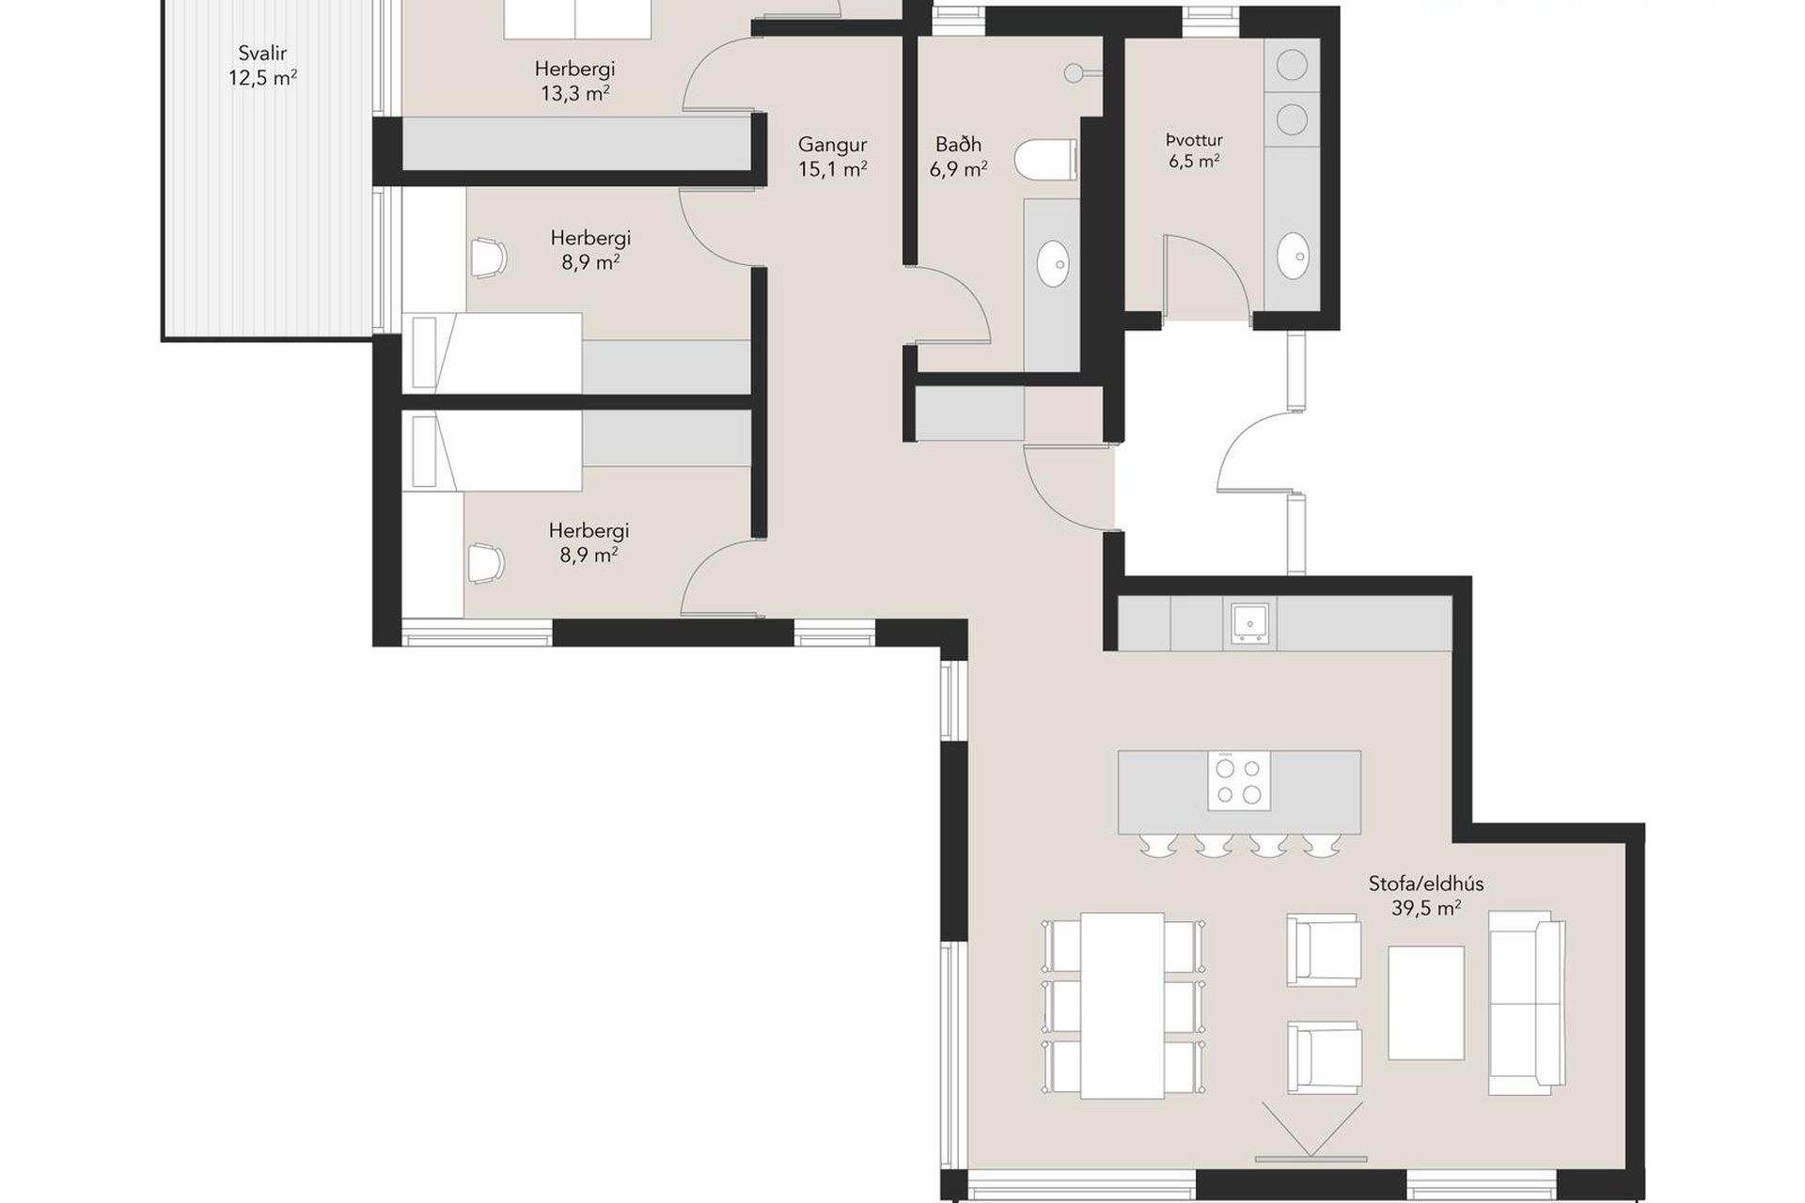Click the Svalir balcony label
tap(262, 54)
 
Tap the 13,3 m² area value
tap(574, 93)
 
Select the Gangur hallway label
tap(832, 145)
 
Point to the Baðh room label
tap(958, 145)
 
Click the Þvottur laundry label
tap(1194, 140)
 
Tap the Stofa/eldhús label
tap(1426, 883)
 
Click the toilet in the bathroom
tap(1046, 158)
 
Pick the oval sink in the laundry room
tap(1294, 256)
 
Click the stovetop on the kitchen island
tap(1239, 781)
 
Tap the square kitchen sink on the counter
tap(1251, 623)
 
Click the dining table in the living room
tap(1122, 1005)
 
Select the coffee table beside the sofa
tap(1426, 1003)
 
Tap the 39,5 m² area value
tap(1426, 908)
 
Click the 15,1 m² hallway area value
tap(832, 169)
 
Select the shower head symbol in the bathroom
tap(1075, 72)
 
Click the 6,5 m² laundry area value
tap(1194, 161)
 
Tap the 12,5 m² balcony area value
tap(262, 78)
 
